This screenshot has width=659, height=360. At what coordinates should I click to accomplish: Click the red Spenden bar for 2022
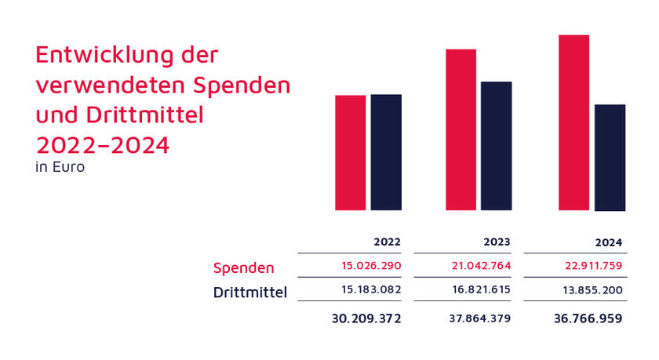pos(350,152)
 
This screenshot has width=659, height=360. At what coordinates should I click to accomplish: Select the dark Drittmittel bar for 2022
pos(386,152)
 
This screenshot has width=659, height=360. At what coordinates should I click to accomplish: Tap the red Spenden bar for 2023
pos(461,129)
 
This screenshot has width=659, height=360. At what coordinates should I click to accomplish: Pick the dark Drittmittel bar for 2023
pos(496,146)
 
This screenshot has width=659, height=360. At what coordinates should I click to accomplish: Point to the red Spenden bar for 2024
pos(573,122)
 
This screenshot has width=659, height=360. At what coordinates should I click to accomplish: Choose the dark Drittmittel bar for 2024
pos(610,157)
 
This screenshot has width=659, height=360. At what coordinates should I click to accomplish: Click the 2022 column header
pos(389,242)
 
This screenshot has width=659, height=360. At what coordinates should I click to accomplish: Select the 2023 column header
pos(499,242)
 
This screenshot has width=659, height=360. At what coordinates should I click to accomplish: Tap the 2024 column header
pos(610,243)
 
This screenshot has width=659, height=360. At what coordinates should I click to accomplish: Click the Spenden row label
pos(244,268)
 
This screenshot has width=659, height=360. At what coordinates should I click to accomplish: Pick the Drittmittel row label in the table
pos(250,293)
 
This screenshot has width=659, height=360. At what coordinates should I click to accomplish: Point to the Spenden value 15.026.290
pos(372,266)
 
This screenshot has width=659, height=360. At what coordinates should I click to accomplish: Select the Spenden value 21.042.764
pos(482,266)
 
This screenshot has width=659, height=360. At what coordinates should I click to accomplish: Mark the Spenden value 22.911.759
pos(592,266)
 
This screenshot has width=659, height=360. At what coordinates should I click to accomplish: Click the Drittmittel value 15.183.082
pos(372,290)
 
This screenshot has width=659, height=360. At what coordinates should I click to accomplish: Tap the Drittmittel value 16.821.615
pos(482,290)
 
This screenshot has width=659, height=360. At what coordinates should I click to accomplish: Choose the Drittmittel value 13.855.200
pos(592,290)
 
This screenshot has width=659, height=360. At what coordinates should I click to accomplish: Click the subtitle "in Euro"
pos(60,167)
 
